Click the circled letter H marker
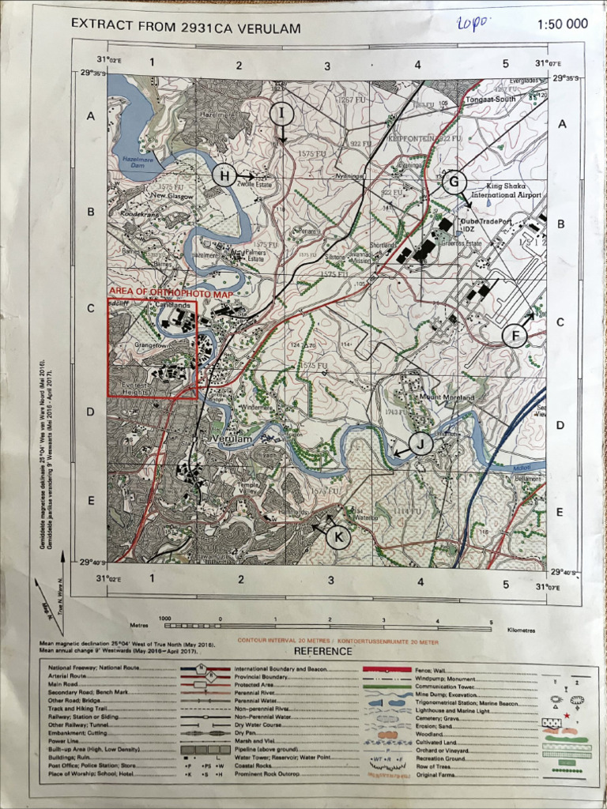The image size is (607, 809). click(225, 175)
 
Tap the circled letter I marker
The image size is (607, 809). click(281, 114)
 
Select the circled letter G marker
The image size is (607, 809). click(454, 182)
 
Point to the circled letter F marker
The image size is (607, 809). click(515, 336)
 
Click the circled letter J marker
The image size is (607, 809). click(421, 444)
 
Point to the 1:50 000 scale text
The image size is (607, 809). click(562, 24)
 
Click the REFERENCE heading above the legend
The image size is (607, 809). click(323, 651)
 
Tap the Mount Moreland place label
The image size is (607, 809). click(447, 397)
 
